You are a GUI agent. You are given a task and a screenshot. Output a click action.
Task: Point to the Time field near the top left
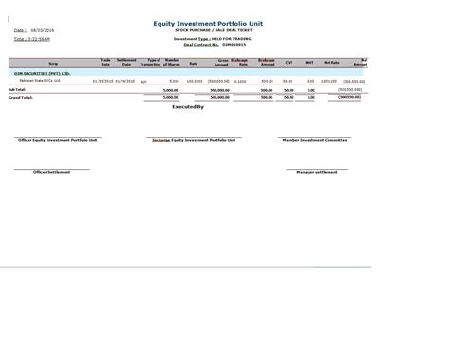point(32,39)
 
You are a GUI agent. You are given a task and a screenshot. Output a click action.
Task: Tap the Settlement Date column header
point(125,61)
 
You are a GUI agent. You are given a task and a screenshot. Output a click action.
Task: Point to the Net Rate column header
point(331,63)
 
